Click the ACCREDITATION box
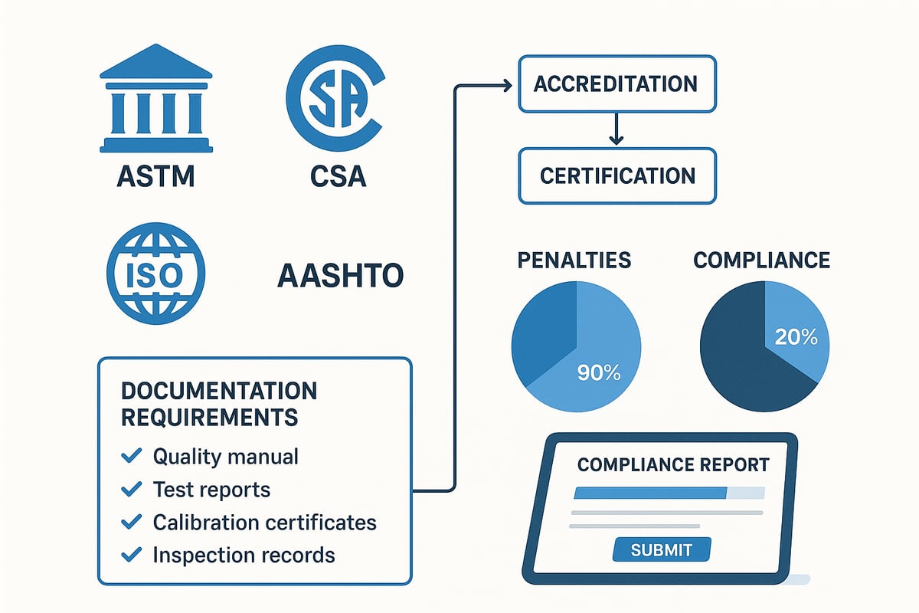[x=616, y=84]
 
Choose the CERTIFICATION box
[x=617, y=175]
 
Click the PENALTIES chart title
[x=574, y=260]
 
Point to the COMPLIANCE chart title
[x=761, y=260]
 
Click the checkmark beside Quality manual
[x=132, y=457]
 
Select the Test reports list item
[x=211, y=489]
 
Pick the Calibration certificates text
[x=264, y=522]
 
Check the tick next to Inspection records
[x=132, y=554]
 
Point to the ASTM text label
[x=155, y=176]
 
